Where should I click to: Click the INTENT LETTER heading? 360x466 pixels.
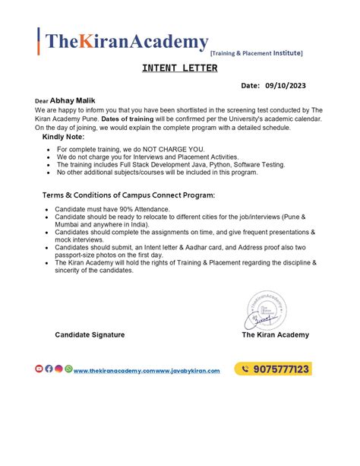click(x=179, y=68)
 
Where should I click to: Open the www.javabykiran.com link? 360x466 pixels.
click(x=188, y=370)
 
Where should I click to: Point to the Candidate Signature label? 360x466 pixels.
click(x=90, y=334)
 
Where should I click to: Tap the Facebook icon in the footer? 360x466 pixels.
click(x=49, y=369)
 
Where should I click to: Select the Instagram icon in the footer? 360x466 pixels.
click(x=58, y=369)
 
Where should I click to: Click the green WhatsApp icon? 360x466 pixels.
click(x=68, y=369)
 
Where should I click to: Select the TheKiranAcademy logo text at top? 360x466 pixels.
click(x=125, y=42)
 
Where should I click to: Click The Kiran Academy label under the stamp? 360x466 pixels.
click(x=275, y=334)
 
